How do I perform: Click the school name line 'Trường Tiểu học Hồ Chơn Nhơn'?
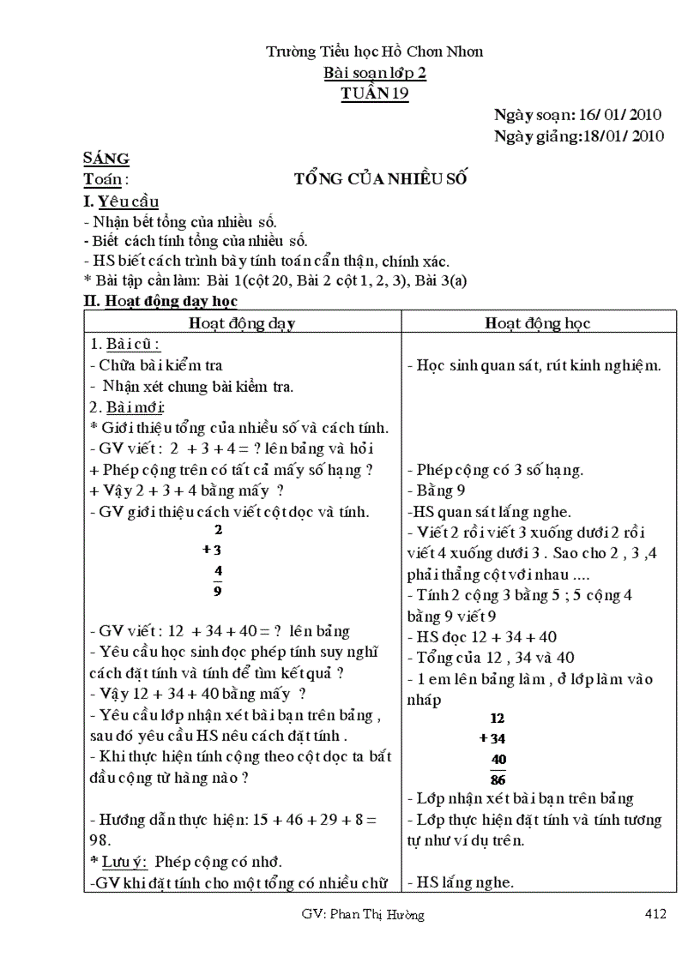point(374,51)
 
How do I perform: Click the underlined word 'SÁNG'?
point(106,158)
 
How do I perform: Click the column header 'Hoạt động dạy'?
point(242,323)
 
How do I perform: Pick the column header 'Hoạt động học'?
point(538,323)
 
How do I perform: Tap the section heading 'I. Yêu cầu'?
point(121,202)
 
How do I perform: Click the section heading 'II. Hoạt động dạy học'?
point(160,301)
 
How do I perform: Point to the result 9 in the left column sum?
point(218,591)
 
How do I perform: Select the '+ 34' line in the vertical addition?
point(492,738)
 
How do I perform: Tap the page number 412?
point(655,915)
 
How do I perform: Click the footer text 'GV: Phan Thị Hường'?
point(363,915)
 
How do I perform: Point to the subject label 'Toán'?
point(102,179)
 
